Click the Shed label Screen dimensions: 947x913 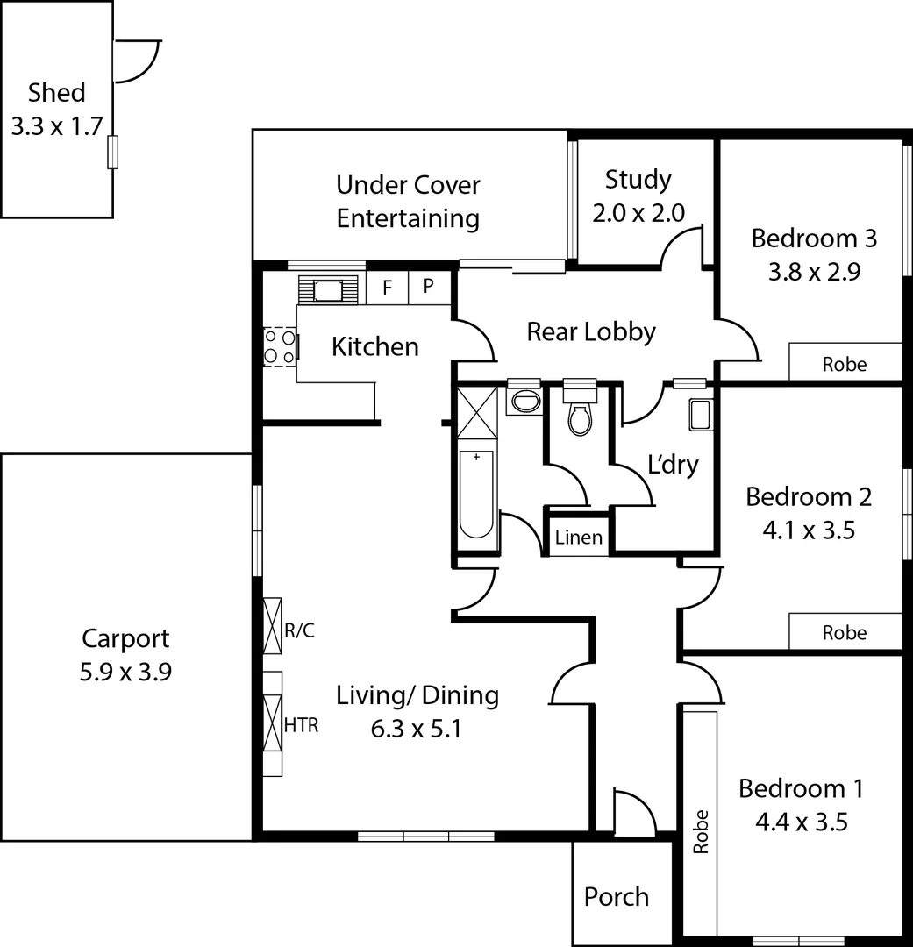[x=56, y=92]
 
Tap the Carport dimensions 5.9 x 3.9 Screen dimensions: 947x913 [x=125, y=672]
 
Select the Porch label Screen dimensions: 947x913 [x=617, y=897]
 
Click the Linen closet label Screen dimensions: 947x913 [x=579, y=538]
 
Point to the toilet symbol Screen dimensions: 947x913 [x=579, y=417]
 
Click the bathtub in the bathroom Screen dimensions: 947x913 [x=476, y=493]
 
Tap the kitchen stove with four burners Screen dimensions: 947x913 [x=280, y=346]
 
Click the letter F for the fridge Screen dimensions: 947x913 [x=387, y=287]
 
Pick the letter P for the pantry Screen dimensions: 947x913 [x=429, y=287]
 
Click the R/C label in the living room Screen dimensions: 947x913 [x=300, y=630]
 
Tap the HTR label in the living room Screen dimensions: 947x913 [x=302, y=725]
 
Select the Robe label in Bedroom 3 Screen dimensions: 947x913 [x=844, y=364]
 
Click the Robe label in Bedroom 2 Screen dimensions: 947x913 [x=844, y=633]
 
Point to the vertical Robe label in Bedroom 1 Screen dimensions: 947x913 [x=700, y=830]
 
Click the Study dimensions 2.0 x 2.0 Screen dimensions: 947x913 [x=638, y=213]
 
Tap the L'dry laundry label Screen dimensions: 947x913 [x=673, y=465]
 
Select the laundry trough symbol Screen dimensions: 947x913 [x=700, y=415]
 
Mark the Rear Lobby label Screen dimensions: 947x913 [x=590, y=331]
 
